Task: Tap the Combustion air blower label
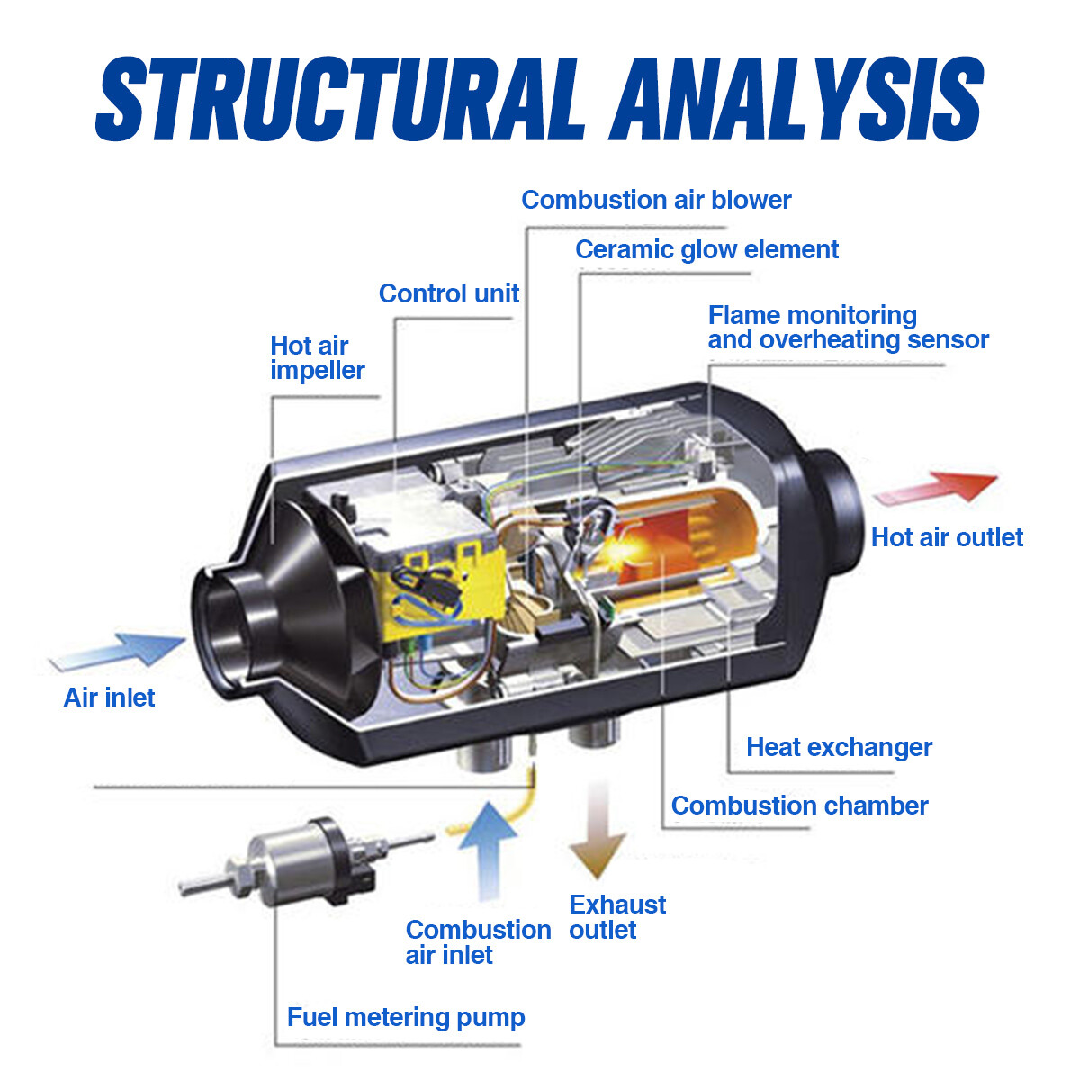coord(656,200)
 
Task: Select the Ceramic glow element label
coord(706,250)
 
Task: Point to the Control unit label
coord(449,293)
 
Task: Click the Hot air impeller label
coord(317,357)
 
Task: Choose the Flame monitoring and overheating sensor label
coord(848,328)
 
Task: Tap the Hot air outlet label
coord(947,537)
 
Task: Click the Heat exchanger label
coord(839,747)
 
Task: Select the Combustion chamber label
coord(800,805)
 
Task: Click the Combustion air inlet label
coord(478,942)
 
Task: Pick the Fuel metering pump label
coord(406,1017)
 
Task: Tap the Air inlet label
coord(109,697)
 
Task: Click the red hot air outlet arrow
coord(936,489)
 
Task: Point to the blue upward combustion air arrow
coord(488,851)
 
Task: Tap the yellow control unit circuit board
coord(443,586)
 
